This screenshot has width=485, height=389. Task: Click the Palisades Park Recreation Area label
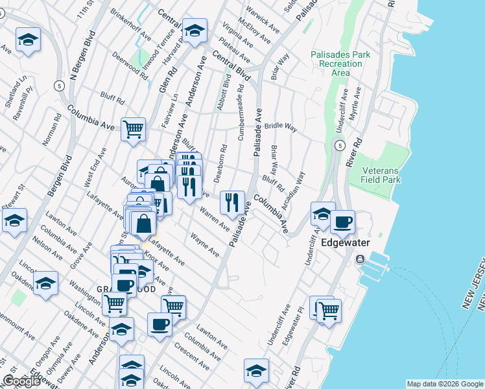340,63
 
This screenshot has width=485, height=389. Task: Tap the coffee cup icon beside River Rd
342,222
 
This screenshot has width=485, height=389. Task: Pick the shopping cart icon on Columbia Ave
133,129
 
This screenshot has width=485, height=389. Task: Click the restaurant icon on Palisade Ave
232,202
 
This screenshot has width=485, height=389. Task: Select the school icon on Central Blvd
194,30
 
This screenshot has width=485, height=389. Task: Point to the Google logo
21,382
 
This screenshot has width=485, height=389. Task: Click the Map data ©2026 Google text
444,384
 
